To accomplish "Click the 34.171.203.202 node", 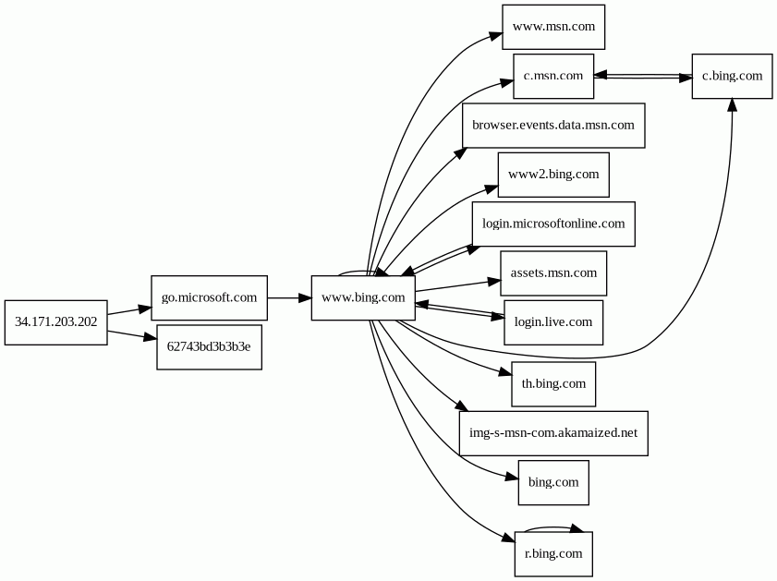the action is click(x=56, y=322).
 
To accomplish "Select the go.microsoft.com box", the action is click(x=209, y=297).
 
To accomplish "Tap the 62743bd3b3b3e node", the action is click(x=209, y=347).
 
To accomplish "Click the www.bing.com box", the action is click(x=363, y=297).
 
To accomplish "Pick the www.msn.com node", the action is click(x=553, y=27).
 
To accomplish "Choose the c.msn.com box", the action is click(x=553, y=77).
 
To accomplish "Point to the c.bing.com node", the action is click(x=733, y=77).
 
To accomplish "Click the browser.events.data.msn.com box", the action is click(x=553, y=126).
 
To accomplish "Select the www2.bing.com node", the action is click(x=553, y=175).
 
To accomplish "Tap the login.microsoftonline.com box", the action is click(x=553, y=224).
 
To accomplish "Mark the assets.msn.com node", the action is click(x=553, y=273).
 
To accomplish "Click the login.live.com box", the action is click(x=553, y=322).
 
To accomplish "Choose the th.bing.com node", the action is click(x=553, y=384).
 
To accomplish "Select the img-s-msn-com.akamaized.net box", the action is click(x=553, y=433).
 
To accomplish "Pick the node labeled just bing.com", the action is click(x=553, y=483).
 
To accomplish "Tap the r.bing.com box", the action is click(x=553, y=554).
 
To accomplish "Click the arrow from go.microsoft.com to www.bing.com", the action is click(x=289, y=297).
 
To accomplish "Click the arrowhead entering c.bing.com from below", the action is click(x=732, y=104).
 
